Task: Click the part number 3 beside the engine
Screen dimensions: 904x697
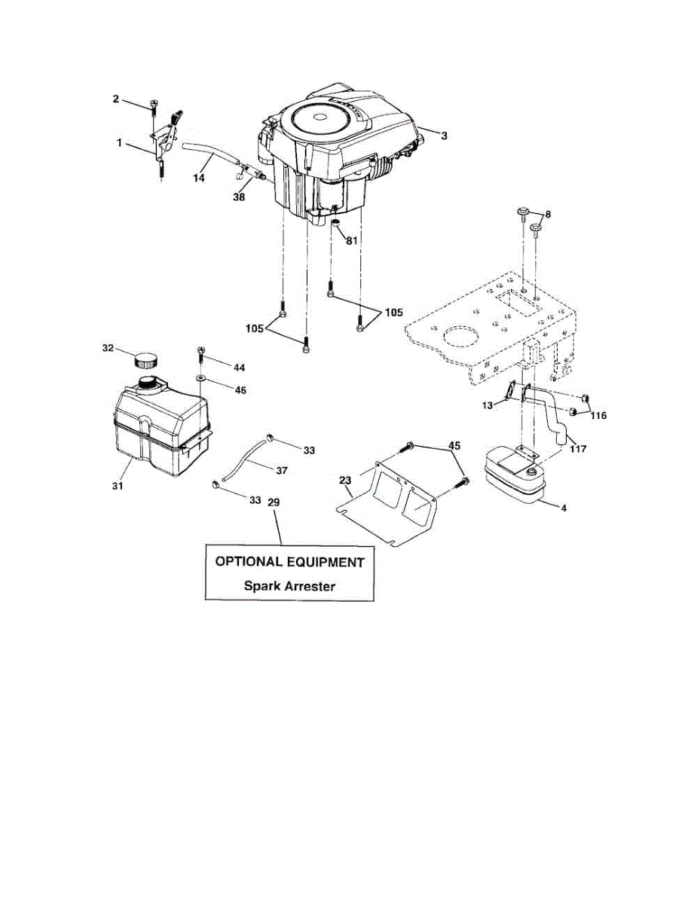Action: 444,136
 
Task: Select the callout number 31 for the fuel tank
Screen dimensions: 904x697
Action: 118,486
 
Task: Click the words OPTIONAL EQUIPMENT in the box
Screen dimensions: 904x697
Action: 289,562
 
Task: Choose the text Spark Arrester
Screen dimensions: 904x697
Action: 289,585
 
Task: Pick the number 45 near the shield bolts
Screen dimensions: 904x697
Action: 454,444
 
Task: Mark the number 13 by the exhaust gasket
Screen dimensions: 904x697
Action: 488,405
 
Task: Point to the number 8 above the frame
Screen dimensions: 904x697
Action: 548,214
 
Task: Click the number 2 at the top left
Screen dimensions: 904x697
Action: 115,99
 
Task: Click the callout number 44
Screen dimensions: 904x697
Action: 239,367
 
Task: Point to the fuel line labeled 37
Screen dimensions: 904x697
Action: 243,464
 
